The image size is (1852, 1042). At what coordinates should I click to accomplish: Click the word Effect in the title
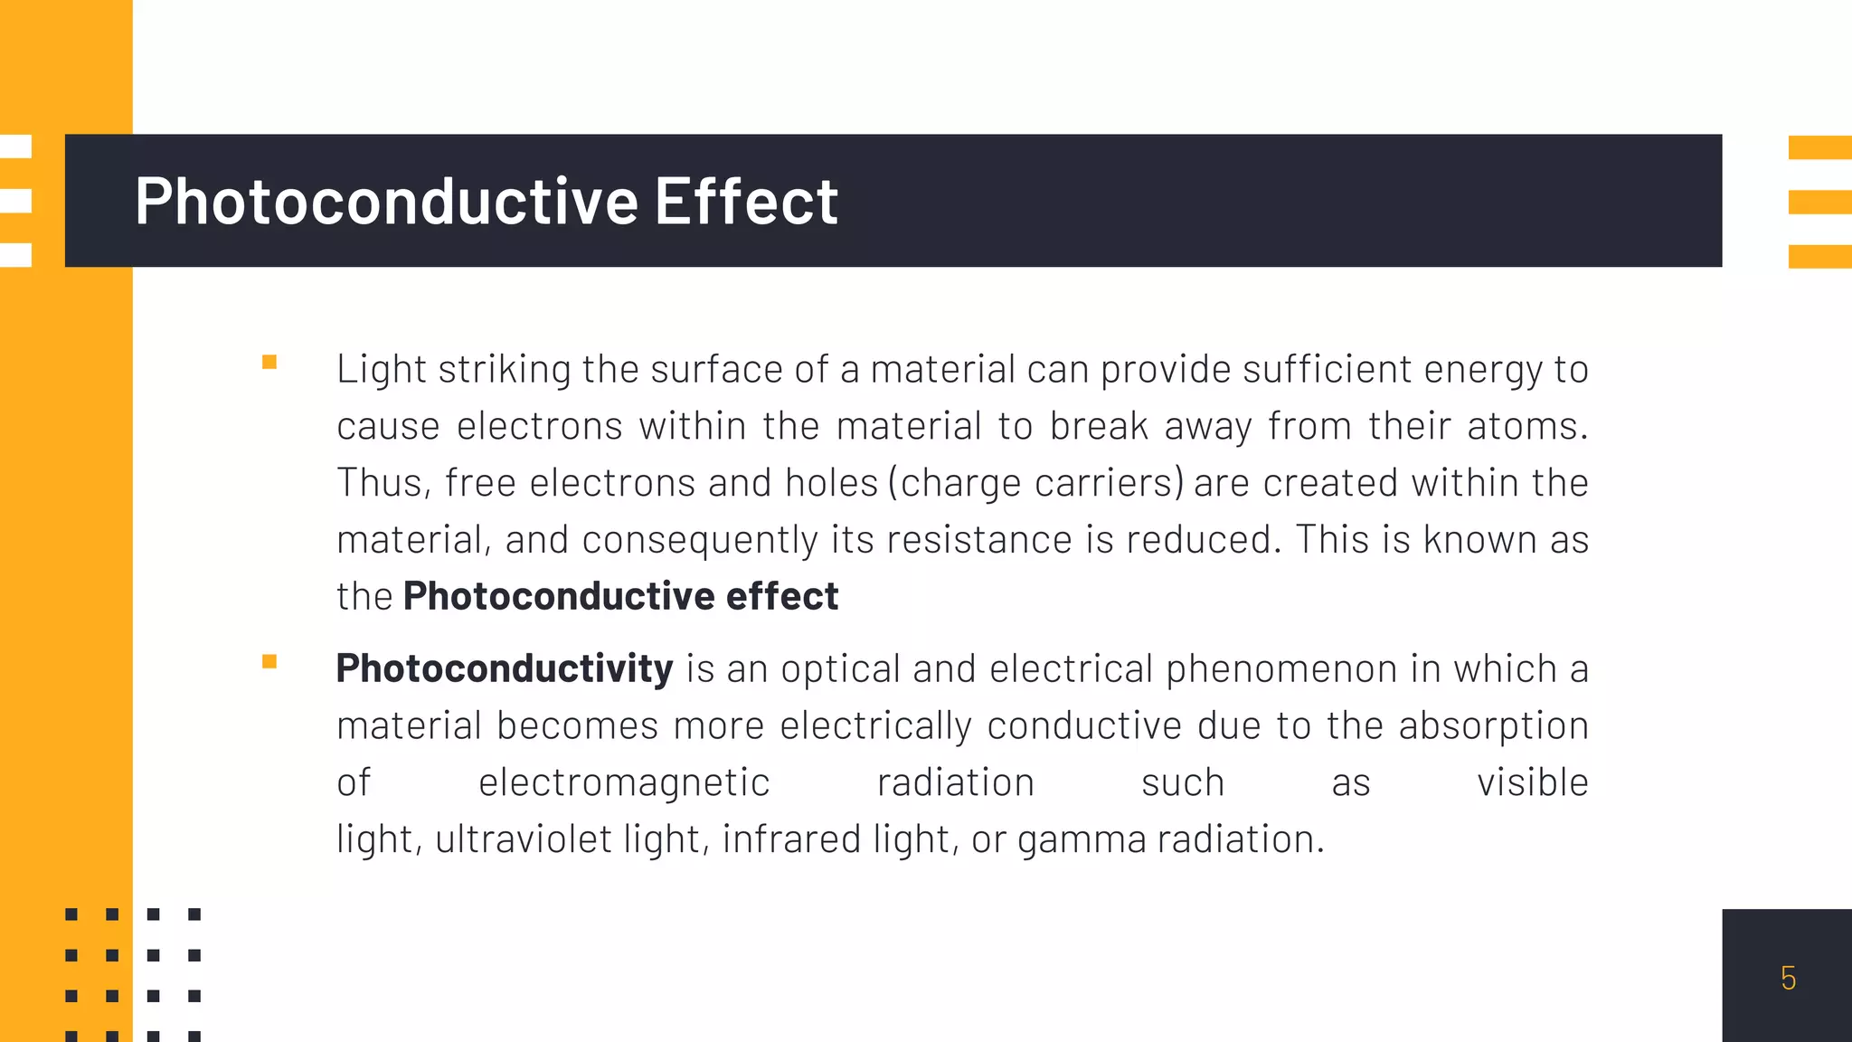click(x=746, y=201)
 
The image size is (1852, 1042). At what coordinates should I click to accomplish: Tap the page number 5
click(x=1788, y=978)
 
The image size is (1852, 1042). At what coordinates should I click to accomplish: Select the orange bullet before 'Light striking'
click(x=269, y=363)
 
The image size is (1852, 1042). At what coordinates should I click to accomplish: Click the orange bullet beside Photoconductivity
click(x=269, y=662)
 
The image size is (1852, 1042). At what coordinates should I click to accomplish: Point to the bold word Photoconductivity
click(x=504, y=669)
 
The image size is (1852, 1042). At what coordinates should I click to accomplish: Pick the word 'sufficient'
click(x=1327, y=370)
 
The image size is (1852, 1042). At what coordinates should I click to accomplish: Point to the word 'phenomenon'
click(x=1281, y=669)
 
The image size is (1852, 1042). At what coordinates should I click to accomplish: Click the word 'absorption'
click(x=1493, y=726)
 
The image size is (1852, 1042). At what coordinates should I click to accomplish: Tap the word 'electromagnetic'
click(x=624, y=783)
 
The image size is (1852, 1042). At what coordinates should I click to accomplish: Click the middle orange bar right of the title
click(x=1819, y=202)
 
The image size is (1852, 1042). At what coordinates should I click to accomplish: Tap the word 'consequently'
click(x=700, y=541)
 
